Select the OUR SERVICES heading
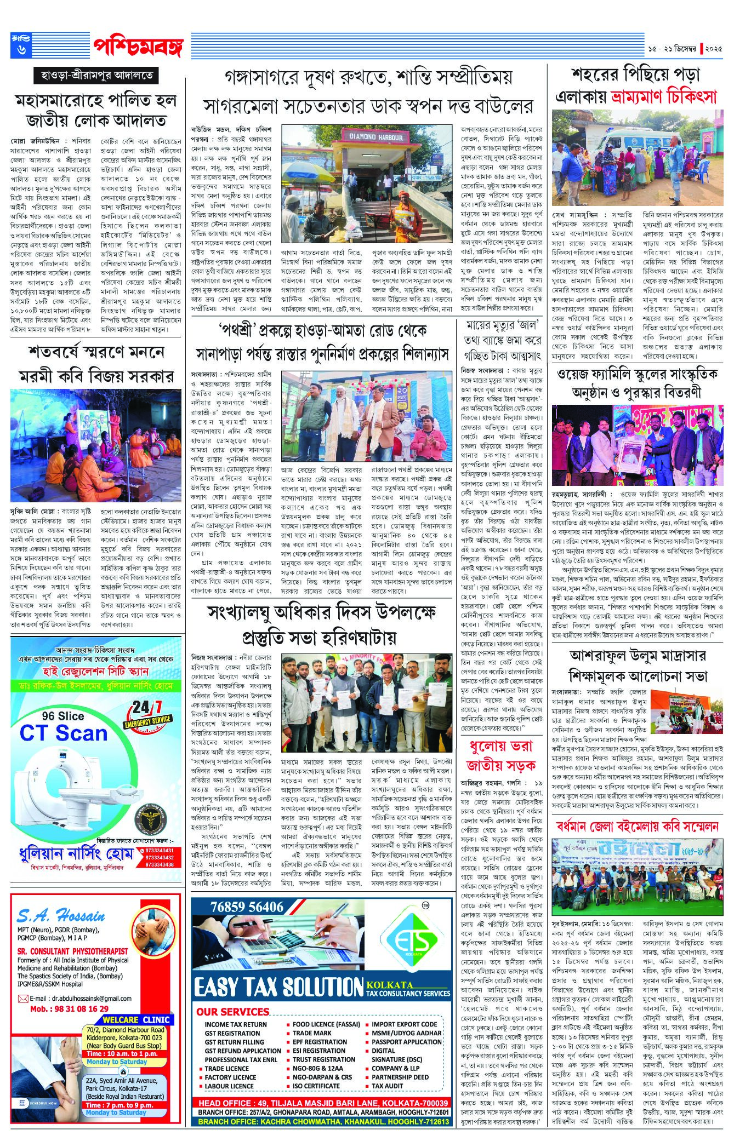(x=232, y=1011)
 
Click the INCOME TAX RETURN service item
(x=236, y=1024)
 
